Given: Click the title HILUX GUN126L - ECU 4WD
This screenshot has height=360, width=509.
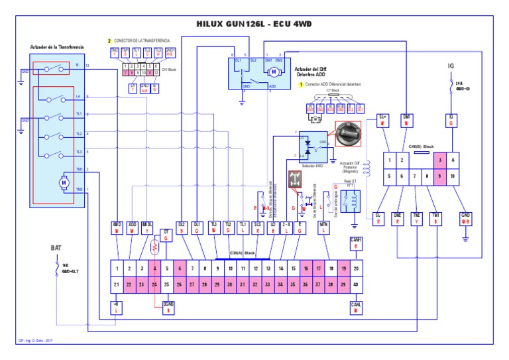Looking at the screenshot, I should tap(255, 23).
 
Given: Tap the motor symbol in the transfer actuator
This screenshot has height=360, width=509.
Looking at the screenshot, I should tap(64, 180).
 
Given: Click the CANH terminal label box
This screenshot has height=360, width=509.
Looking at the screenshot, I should tap(356, 245).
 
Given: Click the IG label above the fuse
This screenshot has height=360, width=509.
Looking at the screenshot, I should tap(451, 66).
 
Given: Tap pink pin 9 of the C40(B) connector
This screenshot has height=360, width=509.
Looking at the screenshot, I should tap(439, 176).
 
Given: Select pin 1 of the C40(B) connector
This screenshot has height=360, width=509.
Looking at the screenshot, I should tap(388, 160).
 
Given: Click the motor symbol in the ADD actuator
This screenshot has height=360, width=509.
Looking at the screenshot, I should tap(274, 72).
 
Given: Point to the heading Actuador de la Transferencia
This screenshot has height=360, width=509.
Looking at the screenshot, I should tap(57, 47).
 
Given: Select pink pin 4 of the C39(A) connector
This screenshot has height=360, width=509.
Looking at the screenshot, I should tap(155, 269).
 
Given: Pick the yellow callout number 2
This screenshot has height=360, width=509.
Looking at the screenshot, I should tap(109, 40).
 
